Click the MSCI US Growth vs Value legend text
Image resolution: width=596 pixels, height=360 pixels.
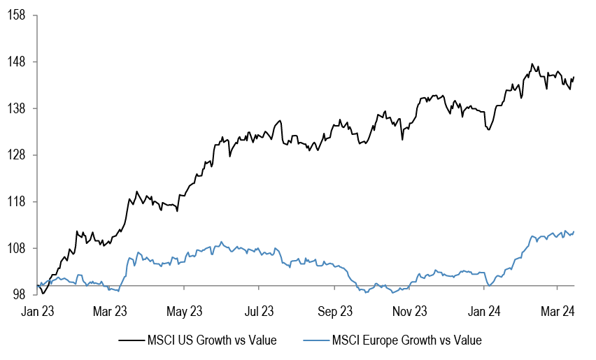click(212, 340)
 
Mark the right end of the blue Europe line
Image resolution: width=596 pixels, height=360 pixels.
click(574, 232)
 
